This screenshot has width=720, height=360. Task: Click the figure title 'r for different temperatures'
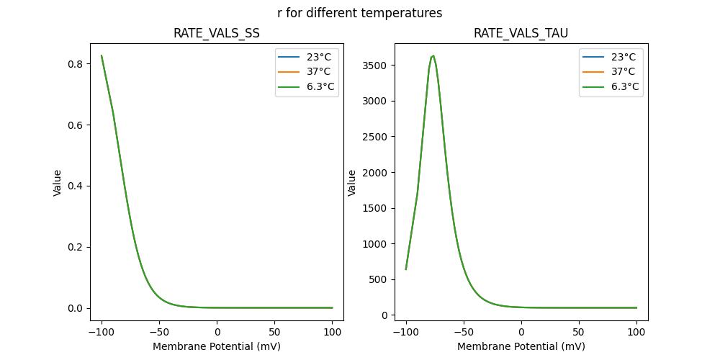pos(359,13)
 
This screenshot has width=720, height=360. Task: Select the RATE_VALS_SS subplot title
pos(217,34)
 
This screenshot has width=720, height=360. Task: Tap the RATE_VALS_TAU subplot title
pos(521,34)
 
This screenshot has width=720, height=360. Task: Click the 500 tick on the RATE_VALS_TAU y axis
pos(379,279)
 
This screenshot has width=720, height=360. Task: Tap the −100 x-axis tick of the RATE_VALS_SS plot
pos(101,331)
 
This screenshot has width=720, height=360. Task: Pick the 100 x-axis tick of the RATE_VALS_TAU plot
pos(636,331)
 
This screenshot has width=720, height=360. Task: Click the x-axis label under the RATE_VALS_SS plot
pos(217,346)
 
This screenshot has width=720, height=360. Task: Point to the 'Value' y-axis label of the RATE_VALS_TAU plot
pos(353,182)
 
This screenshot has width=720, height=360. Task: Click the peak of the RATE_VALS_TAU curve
pos(433,55)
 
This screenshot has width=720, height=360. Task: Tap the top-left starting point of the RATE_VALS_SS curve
pos(102,55)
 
